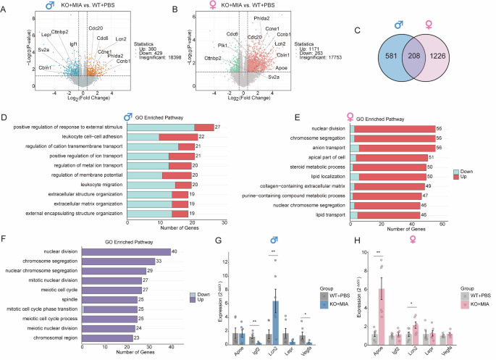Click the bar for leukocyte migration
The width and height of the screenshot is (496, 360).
coord(159,184)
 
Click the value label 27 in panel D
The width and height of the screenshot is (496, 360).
coord(217,127)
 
